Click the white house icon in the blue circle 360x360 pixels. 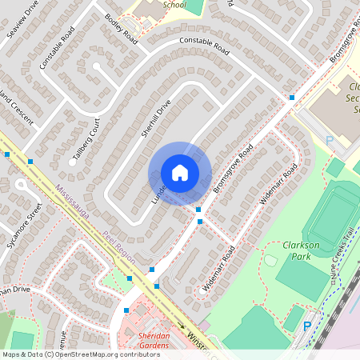click(x=180, y=173)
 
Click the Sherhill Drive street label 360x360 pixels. click(x=156, y=118)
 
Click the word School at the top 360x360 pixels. click(x=174, y=4)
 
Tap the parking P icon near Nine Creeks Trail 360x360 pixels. click(x=307, y=326)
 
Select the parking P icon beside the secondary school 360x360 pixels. click(x=329, y=140)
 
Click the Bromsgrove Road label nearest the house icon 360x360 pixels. click(x=233, y=169)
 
